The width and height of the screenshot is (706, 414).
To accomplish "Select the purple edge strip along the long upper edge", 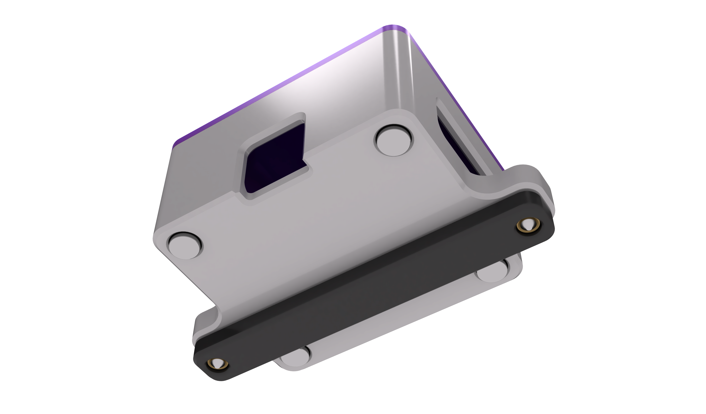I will point(280,84).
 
